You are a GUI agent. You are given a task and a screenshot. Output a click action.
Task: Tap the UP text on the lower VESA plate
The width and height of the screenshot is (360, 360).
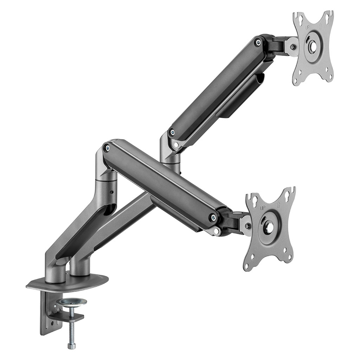pos(263,208)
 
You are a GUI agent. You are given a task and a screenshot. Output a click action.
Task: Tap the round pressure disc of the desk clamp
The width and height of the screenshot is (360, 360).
pos(72,302)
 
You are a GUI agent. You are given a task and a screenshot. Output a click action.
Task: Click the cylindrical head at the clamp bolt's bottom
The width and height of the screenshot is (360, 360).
pos(72,346)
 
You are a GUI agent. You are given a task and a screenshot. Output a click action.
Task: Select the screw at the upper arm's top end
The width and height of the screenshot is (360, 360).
pos(258,43)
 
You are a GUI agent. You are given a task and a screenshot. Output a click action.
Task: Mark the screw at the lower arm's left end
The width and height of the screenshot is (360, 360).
pos(107,148)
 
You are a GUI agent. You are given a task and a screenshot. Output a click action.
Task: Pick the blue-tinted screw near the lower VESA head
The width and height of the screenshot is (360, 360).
pos(213,217)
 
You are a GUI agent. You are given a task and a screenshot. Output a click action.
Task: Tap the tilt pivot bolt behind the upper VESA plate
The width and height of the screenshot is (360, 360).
pos(292,47)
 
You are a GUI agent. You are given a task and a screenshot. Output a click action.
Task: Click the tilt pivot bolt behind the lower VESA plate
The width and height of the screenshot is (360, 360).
pos(247,225)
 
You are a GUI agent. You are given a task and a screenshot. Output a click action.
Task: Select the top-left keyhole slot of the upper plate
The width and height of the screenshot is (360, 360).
pos(298,17)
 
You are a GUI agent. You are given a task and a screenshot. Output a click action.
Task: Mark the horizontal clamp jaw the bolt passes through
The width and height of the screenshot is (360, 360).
pos(67,317)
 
